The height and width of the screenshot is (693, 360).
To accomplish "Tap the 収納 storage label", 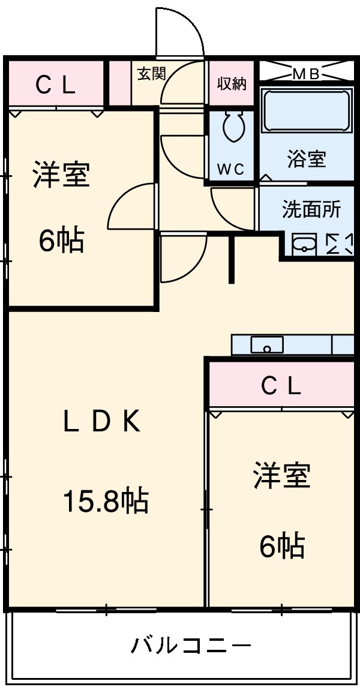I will (231, 83).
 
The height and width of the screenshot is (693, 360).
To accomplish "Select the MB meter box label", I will (307, 74).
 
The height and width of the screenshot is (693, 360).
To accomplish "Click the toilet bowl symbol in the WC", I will (232, 127).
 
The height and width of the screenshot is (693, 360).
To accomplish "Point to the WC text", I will (230, 169).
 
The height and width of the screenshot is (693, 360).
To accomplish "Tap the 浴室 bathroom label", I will (306, 159).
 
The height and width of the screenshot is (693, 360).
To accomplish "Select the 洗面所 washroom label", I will (311, 210).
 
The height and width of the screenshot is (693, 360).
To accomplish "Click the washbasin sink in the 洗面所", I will (304, 244).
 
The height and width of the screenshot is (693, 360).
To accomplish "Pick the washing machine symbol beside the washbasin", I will (339, 243).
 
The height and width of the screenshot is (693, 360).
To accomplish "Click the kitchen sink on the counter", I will (267, 345).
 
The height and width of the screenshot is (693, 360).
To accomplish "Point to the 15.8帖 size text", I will (106, 500).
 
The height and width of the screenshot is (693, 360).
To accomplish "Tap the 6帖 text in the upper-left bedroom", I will (61, 241).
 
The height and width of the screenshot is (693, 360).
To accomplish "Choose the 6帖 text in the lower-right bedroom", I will (281, 546).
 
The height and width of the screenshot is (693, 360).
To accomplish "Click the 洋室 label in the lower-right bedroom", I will (281, 476).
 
